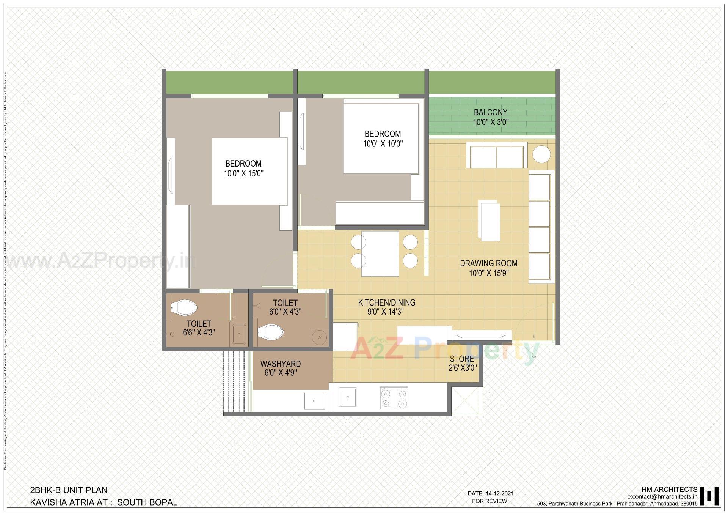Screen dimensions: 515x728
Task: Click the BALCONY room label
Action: click(490, 112)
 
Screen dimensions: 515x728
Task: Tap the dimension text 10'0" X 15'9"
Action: click(489, 273)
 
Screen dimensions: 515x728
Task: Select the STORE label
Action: click(462, 359)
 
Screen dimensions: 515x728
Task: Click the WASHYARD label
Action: click(280, 364)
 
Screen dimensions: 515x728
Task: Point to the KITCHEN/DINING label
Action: click(387, 302)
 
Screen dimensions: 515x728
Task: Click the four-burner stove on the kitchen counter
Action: click(394, 398)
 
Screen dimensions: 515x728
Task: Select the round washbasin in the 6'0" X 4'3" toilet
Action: click(319, 337)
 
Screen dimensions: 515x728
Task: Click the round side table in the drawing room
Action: click(541, 154)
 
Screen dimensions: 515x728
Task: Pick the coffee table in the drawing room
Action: click(489, 220)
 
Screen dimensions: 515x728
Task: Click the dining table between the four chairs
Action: click(380, 254)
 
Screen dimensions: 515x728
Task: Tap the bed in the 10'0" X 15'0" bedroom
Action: click(249, 171)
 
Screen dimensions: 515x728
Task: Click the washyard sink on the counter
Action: click(314, 401)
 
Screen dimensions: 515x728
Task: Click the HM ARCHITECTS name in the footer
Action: click(669, 490)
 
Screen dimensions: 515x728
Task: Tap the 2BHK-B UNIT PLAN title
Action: click(69, 490)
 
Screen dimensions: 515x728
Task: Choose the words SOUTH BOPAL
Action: click(147, 502)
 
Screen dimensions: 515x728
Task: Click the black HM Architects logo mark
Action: click(709, 496)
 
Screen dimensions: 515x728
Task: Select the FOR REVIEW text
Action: click(489, 501)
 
